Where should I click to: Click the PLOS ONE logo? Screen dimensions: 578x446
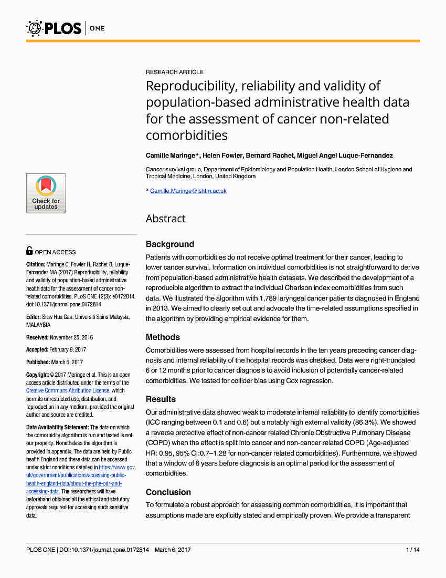click(65, 27)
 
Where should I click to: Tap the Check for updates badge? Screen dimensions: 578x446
click(46, 193)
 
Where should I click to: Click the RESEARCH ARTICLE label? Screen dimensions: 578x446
click(174, 72)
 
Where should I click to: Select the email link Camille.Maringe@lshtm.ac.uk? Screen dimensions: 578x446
click(188, 191)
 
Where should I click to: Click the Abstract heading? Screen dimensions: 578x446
click(165, 219)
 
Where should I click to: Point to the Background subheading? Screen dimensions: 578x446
click(169, 244)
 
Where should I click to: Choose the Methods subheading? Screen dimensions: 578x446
click(163, 337)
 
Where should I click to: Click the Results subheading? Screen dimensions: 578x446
click(161, 399)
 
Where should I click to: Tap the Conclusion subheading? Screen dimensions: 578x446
click(168, 492)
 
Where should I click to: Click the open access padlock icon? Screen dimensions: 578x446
click(29, 251)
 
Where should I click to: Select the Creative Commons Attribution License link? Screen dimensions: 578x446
click(68, 390)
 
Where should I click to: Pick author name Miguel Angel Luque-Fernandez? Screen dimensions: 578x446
click(344, 156)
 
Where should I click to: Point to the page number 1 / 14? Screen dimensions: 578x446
click(413, 550)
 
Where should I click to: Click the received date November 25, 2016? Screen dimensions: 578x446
click(70, 337)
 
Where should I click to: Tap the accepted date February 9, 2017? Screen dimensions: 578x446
click(67, 349)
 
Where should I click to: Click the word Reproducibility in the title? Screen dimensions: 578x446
click(189, 86)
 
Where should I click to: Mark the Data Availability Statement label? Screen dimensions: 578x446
click(57, 427)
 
